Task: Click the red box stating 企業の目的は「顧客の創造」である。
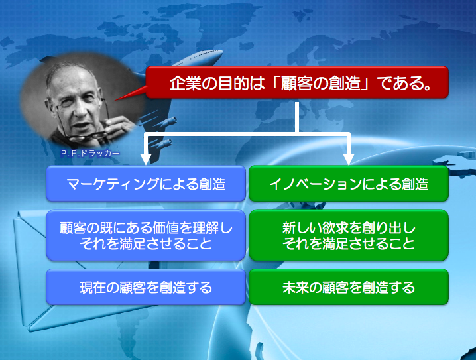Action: pyautogui.click(x=297, y=82)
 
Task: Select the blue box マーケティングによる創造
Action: pyautogui.click(x=146, y=184)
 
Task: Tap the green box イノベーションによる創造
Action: pyautogui.click(x=349, y=184)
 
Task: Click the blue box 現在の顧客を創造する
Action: pyautogui.click(x=146, y=287)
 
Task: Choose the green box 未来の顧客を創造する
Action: pyautogui.click(x=349, y=287)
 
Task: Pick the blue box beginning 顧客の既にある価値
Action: pyautogui.click(x=146, y=235)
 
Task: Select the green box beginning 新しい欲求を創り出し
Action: pyautogui.click(x=349, y=235)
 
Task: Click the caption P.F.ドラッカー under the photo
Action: pyautogui.click(x=90, y=154)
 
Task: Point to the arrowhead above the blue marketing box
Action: pyautogui.click(x=146, y=159)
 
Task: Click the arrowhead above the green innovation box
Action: pyautogui.click(x=349, y=159)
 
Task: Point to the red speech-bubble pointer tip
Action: pyautogui.click(x=115, y=101)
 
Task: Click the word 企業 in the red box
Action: pyautogui.click(x=181, y=83)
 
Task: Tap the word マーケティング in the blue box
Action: pyautogui.click(x=113, y=184)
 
